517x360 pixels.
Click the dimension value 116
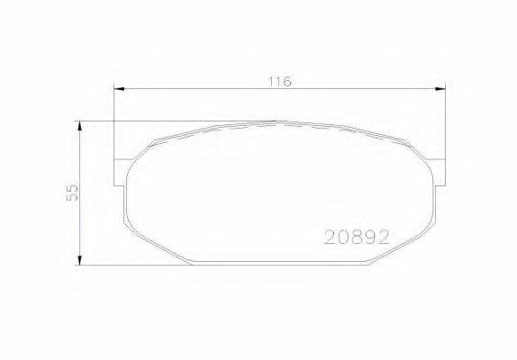point(278,81)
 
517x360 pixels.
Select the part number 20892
point(356,238)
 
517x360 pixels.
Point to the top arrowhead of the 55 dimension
point(82,126)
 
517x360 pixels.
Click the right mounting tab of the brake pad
point(440,171)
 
